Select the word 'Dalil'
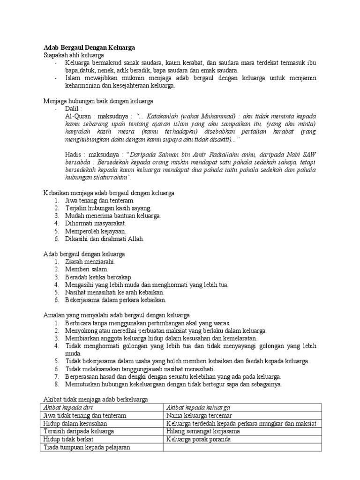pyautogui.click(x=73, y=108)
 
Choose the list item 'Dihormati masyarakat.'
pyautogui.click(x=90, y=223)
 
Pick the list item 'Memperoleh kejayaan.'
pyautogui.click(x=89, y=231)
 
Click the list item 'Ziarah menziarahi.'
pyautogui.click(x=85, y=261)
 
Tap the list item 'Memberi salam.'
pyautogui.click(x=82, y=269)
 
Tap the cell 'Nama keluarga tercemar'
pyautogui.click(x=196, y=415)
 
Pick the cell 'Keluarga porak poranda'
pyautogui.click(x=196, y=439)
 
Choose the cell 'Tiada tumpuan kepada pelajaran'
pyautogui.click(x=86, y=447)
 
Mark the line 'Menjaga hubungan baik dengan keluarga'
pyautogui.click(x=98, y=101)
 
